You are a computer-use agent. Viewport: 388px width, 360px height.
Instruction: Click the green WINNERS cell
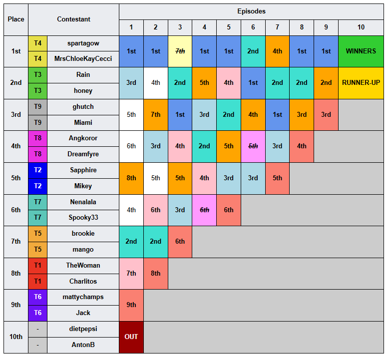[361, 51]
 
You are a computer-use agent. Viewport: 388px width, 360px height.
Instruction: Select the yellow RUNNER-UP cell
[361, 83]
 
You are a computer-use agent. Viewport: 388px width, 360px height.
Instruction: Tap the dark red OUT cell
[131, 337]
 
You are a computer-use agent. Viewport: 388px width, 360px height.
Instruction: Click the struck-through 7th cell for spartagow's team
[180, 51]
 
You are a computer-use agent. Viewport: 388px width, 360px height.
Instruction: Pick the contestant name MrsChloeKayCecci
[83, 59]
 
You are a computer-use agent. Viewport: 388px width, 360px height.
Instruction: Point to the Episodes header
[251, 11]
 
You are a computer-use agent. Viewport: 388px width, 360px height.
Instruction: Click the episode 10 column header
[361, 27]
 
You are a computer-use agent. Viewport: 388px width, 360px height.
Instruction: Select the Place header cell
[16, 19]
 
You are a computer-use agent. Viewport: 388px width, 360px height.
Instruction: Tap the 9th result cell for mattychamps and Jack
[131, 305]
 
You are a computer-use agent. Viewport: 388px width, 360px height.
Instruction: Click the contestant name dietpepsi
[83, 329]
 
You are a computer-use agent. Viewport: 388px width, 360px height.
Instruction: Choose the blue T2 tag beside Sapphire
[37, 170]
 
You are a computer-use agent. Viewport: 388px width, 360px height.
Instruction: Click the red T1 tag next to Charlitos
[37, 281]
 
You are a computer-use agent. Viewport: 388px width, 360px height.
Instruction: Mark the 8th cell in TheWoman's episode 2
[156, 274]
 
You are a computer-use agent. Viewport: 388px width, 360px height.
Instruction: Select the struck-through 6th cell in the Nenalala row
[204, 210]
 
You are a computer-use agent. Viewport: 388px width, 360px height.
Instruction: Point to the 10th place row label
[16, 337]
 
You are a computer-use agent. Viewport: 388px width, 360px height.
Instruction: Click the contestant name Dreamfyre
[83, 154]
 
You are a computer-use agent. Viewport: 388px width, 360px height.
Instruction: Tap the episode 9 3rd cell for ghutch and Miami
[326, 115]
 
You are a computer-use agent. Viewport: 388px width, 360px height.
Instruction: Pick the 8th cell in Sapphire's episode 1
[131, 178]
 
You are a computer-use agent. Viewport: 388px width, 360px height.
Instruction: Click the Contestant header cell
[73, 19]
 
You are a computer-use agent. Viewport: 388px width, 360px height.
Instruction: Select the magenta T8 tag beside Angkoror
[37, 138]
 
